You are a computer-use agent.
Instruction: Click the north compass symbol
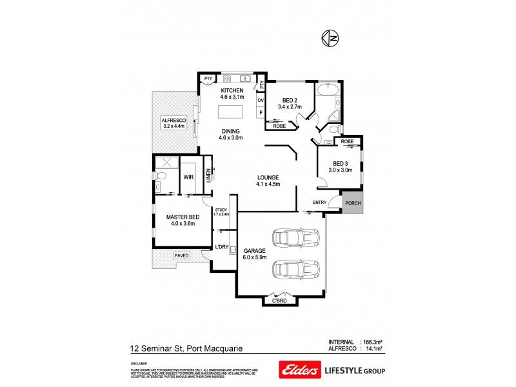point(329,39)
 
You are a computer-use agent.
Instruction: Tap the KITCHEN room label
point(232,90)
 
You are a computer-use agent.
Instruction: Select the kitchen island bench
point(232,112)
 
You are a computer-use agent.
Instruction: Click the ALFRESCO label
point(174,120)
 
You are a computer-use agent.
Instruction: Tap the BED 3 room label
point(340,163)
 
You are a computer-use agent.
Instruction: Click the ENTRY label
point(319,203)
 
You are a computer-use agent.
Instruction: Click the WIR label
point(189,175)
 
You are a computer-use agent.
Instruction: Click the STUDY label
point(222,210)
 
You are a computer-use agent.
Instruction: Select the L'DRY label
point(221,247)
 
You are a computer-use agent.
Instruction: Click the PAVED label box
point(182,255)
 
